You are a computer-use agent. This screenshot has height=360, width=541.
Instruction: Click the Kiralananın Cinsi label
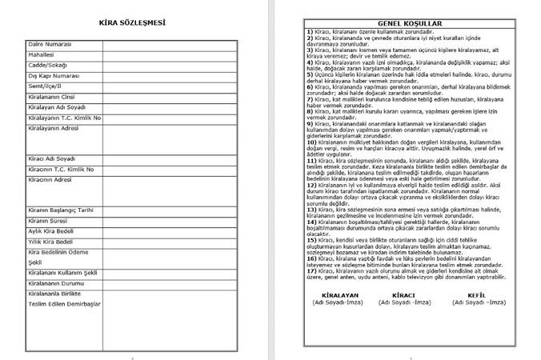coord(51,96)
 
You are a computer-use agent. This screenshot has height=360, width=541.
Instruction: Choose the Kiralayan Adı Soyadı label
coord(55,106)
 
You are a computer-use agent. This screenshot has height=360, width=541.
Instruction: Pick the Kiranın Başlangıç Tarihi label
coord(60,209)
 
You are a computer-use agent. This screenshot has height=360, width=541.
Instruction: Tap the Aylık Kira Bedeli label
coord(50,230)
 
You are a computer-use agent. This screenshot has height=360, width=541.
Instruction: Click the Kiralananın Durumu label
coord(54,283)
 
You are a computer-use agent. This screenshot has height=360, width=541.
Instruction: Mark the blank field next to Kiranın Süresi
coord(170,219)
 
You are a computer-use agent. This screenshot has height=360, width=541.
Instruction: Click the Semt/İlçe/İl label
coord(45,85)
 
